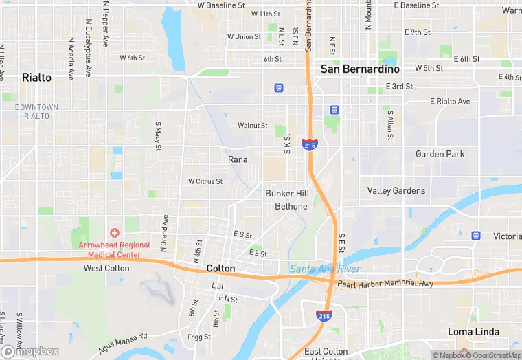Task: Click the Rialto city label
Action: (36, 78)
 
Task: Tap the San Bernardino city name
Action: (360, 69)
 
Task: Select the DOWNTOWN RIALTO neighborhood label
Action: (36, 111)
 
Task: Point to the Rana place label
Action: (238, 159)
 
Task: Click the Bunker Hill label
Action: (287, 194)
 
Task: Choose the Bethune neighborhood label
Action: (291, 206)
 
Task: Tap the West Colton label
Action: (106, 268)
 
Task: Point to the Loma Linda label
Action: (471, 332)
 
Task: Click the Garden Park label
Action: (440, 154)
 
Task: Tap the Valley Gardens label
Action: (396, 190)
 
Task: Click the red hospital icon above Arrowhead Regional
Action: (114, 234)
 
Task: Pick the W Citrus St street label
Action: (205, 181)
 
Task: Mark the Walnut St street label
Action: (252, 126)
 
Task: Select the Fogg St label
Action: (199, 337)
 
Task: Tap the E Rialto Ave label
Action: (450, 102)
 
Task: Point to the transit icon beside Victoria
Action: (476, 236)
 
